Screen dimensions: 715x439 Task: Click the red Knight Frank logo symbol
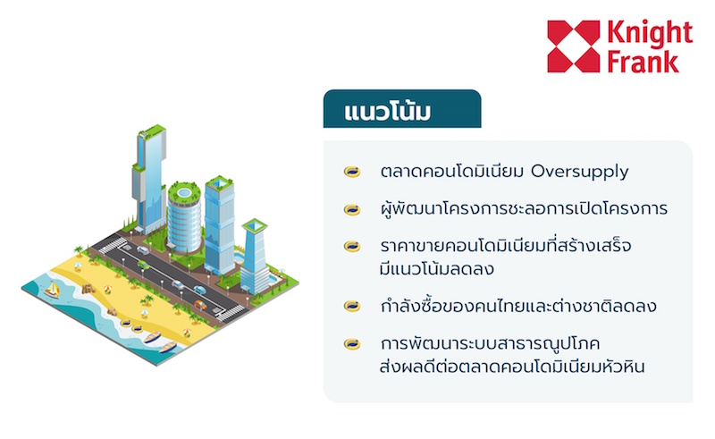click(574, 46)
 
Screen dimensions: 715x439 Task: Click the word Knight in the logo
click(650, 33)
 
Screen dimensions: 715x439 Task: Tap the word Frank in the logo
click(643, 62)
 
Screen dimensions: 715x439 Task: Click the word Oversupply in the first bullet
click(579, 172)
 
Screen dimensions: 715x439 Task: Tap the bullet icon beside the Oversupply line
click(352, 172)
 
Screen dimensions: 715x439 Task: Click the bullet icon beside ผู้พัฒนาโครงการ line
click(352, 209)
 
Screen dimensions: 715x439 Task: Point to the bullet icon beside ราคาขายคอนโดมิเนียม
click(352, 247)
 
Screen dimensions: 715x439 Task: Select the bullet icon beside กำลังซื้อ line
click(352, 306)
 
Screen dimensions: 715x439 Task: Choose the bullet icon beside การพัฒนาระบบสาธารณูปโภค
click(352, 343)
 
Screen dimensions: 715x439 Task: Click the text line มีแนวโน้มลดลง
click(437, 269)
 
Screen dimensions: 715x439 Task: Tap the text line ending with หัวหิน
click(512, 366)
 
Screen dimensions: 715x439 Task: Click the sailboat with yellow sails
click(52, 291)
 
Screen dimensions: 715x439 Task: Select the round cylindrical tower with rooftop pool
click(184, 217)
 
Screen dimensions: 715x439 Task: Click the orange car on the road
click(199, 305)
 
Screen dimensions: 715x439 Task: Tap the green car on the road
click(143, 266)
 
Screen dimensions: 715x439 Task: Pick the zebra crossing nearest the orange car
click(231, 313)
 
